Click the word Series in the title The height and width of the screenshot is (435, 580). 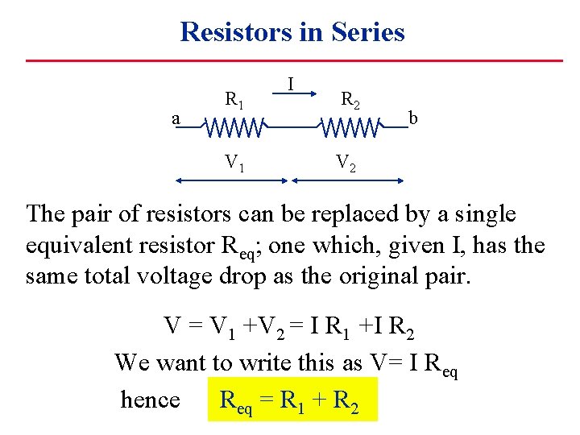point(367,32)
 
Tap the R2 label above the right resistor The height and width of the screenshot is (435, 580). point(350,101)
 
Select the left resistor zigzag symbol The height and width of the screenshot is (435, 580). point(234,127)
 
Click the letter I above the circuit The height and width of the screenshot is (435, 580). point(291,82)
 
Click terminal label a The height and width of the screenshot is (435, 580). point(176,118)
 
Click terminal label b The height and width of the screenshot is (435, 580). point(412,118)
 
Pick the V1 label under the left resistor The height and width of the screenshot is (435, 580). point(234,164)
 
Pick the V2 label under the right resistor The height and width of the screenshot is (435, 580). point(346,164)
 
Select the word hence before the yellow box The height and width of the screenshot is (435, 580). point(150,400)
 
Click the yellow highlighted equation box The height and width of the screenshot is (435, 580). point(292,400)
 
